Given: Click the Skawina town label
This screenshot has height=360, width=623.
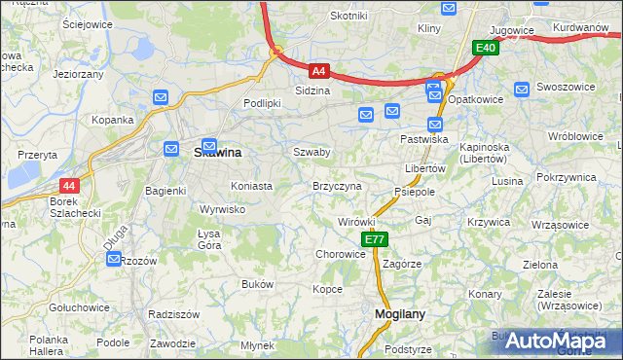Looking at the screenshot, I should [x=218, y=153].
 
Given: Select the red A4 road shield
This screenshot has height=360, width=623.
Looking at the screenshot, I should [x=319, y=70].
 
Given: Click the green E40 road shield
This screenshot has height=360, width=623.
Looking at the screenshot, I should [x=486, y=47].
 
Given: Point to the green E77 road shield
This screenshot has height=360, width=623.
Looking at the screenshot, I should [x=375, y=239].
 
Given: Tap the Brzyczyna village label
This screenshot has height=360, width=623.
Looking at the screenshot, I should [x=337, y=185].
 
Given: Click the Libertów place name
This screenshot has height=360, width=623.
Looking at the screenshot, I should [x=424, y=168].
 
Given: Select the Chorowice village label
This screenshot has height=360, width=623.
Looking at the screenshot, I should [x=340, y=254].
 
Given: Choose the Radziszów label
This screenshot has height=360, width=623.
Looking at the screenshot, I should [x=173, y=314].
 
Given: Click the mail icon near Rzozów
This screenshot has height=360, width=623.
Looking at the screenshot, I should [x=114, y=259].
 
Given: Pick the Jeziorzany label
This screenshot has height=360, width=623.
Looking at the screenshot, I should [x=78, y=73].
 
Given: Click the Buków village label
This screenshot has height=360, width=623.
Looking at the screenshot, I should [x=257, y=284].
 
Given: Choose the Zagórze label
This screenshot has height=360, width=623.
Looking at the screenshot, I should [x=402, y=264].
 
